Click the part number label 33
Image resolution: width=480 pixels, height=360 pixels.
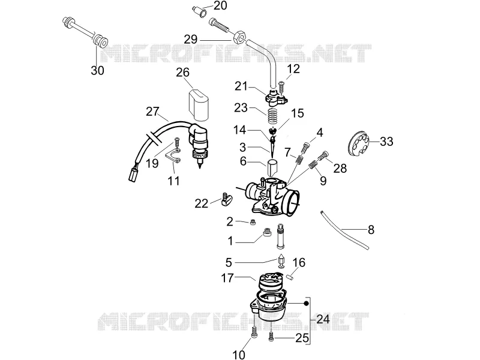[x=386, y=142]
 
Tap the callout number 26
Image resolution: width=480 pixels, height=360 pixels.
[x=183, y=73]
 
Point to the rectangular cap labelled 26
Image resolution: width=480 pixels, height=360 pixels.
[x=199, y=104]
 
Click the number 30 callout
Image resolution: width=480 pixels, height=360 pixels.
[x=98, y=70]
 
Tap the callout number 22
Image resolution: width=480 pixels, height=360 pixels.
[x=201, y=203]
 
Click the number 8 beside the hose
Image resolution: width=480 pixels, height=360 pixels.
[x=371, y=230]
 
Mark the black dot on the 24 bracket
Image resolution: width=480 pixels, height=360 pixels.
[x=305, y=304]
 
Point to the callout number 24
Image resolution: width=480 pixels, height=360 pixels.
[x=323, y=319]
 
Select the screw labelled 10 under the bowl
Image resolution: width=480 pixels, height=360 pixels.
[x=254, y=332]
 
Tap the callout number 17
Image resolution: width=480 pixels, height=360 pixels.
[x=227, y=278]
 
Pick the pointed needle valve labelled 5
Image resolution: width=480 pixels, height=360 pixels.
[x=281, y=262]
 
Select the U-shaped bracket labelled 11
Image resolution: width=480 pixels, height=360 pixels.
[x=173, y=155]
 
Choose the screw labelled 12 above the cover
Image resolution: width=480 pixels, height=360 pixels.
[x=281, y=85]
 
